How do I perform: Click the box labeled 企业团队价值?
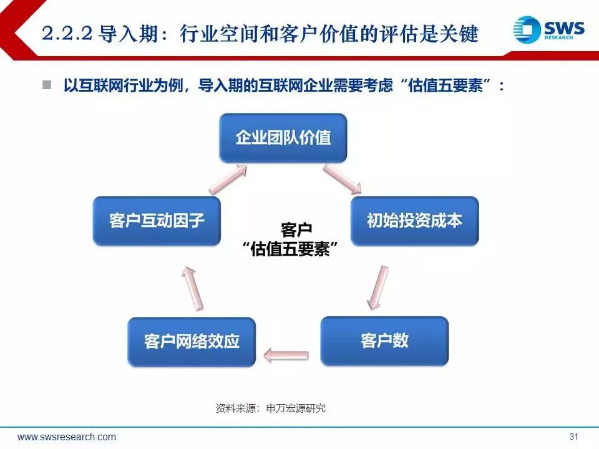coord(283,138)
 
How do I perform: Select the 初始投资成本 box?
coord(414,221)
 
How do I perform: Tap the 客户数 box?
coord(384,341)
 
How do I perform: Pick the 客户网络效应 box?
coord(192,342)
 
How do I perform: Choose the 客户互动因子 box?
coord(157,221)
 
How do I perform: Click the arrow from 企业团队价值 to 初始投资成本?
coord(343,179)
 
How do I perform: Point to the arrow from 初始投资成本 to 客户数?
coord(378,287)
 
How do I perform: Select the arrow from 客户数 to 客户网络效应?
coord(286,355)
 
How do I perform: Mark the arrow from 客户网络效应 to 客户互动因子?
coord(193,288)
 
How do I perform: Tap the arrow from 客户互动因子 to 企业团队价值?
coord(228,179)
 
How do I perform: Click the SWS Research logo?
coord(548,29)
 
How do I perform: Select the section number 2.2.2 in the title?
coord(67,34)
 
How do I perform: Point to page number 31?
coord(574,437)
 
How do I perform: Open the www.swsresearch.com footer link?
coord(67,437)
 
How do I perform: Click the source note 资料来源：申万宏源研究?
coord(270,408)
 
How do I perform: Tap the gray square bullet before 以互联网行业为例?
coord(47,85)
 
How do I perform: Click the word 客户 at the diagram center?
coord(296,230)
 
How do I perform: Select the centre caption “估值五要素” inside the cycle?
coord(290,249)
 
